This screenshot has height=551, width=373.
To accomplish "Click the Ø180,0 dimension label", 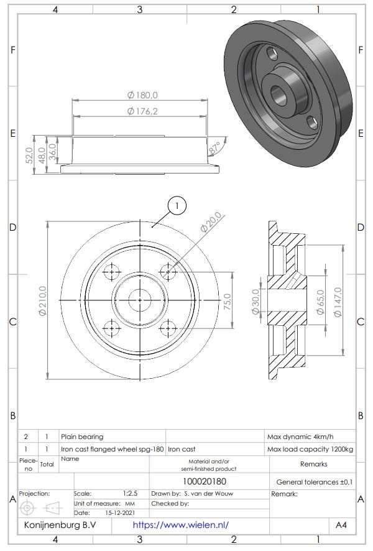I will pyautogui.click(x=142, y=95).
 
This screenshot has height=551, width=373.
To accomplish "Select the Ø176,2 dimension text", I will pyautogui.click(x=142, y=111).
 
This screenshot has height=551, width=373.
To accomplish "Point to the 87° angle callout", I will pyautogui.click(x=215, y=149).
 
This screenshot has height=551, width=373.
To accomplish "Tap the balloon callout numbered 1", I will pyautogui.click(x=177, y=205).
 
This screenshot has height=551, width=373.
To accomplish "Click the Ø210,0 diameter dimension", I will pyautogui.click(x=42, y=301).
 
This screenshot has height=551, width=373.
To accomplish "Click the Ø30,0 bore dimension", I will pyautogui.click(x=255, y=302).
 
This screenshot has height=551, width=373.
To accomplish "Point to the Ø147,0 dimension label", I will pyautogui.click(x=338, y=302).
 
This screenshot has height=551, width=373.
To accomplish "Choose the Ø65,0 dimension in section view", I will pyautogui.click(x=321, y=302).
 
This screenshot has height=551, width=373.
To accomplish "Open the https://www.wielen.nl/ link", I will pyautogui.click(x=181, y=525).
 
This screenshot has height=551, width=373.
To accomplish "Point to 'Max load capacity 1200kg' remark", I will pyautogui.click(x=310, y=448).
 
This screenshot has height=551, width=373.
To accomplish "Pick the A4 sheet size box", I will pyautogui.click(x=342, y=525).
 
